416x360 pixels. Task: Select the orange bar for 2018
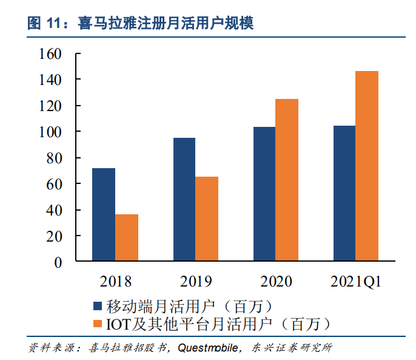[x=127, y=237]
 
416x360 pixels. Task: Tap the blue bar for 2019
[x=184, y=199]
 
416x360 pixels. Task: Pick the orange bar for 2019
[x=207, y=219]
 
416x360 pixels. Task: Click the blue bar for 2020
[x=264, y=194]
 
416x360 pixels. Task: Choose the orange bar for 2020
[x=287, y=180]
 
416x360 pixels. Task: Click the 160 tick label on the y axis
[x=50, y=54]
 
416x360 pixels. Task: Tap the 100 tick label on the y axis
[x=50, y=132]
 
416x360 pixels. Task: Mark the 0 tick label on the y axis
[x=58, y=263]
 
